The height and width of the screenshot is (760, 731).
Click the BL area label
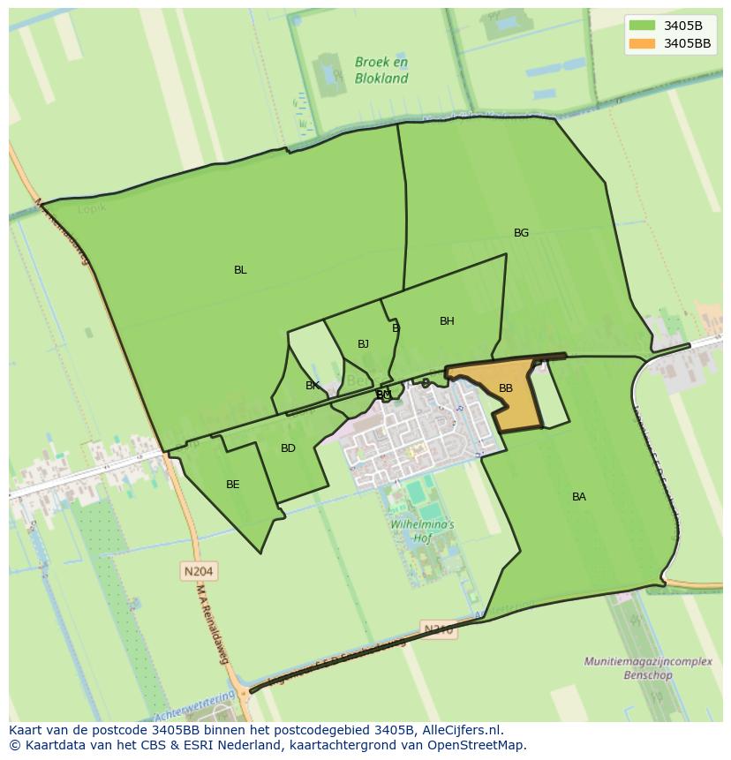(x=240, y=270)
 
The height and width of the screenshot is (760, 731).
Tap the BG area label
(x=521, y=233)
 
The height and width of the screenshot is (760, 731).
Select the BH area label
(x=447, y=321)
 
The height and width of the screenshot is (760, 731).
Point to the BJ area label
(x=363, y=344)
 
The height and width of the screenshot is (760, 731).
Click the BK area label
(x=313, y=386)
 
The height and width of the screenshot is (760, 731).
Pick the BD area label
(x=288, y=448)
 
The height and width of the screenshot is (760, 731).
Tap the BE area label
(x=232, y=485)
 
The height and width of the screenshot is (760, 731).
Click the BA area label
(x=578, y=497)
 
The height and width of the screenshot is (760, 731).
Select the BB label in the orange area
(x=505, y=388)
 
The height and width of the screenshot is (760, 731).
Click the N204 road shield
(x=199, y=571)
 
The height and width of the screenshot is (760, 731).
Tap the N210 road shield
(x=439, y=629)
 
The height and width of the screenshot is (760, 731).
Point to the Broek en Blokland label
(x=381, y=70)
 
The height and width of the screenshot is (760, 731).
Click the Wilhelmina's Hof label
(x=422, y=530)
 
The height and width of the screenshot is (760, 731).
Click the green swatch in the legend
(x=643, y=26)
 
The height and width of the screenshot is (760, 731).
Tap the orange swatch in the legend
(x=643, y=43)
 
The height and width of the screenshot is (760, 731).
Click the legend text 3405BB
(x=687, y=43)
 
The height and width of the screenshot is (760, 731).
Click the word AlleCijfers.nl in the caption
(x=462, y=730)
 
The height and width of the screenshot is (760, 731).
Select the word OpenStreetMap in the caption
(x=478, y=745)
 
